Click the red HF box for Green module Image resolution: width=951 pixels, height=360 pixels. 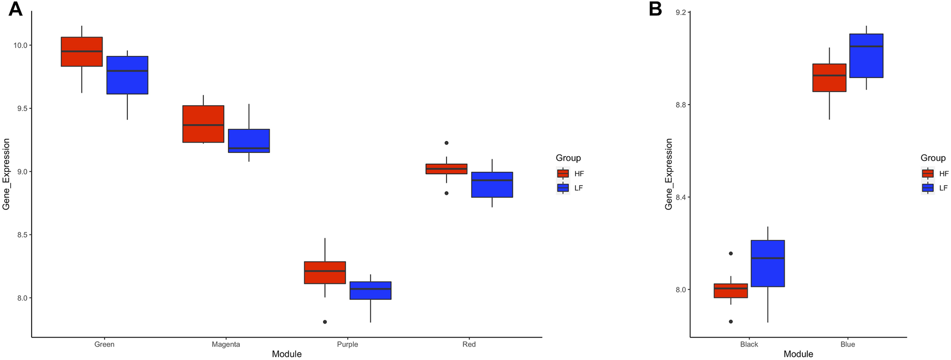coord(82,52)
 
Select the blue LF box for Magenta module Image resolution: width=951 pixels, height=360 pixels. coord(249,141)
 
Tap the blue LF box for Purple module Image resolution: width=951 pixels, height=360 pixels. coord(370,290)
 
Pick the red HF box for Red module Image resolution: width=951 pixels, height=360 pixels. coord(447,169)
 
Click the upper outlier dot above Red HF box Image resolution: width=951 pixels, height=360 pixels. coord(447,143)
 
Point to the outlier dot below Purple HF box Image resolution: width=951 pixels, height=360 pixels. coord(325,322)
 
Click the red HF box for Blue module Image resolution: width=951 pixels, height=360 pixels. coord(829,78)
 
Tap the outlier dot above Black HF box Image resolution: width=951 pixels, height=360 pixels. coord(730,253)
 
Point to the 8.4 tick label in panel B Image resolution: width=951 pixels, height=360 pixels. coord(679,197)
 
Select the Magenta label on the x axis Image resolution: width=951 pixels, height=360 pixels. coord(226,344)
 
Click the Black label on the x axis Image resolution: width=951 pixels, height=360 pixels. coord(749,344)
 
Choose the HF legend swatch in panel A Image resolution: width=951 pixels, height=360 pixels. coord(563,173)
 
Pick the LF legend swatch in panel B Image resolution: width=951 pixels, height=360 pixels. coord(927,188)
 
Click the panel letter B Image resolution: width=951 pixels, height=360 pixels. coord(655,9)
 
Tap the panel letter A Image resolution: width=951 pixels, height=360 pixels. coord(15,9)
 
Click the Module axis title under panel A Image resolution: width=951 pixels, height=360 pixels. coord(287,354)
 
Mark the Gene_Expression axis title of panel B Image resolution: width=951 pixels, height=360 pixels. coord(669,174)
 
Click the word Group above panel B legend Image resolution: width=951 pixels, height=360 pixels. coord(933,158)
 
